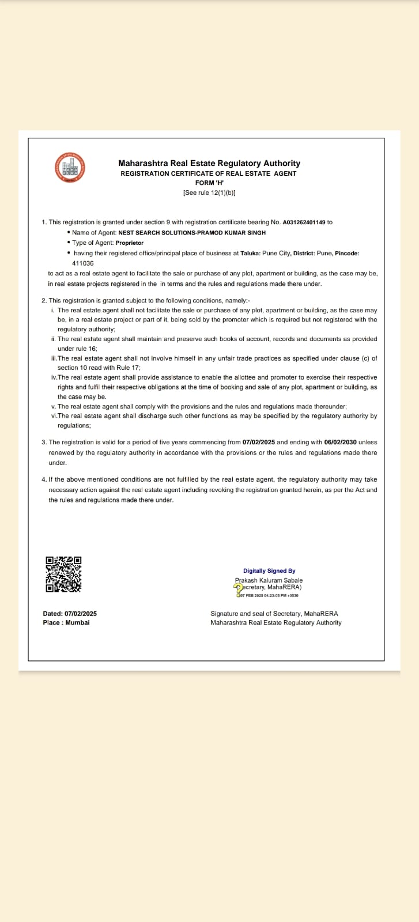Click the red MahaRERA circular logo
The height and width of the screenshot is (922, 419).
pyautogui.click(x=69, y=167)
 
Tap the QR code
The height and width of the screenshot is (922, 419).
pyautogui.click(x=63, y=574)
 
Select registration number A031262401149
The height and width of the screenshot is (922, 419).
pyautogui.click(x=304, y=222)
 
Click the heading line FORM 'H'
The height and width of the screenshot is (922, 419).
pyautogui.click(x=209, y=183)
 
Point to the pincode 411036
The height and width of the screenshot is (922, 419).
pyautogui.click(x=83, y=263)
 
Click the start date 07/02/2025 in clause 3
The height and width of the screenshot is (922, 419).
pyautogui.click(x=259, y=442)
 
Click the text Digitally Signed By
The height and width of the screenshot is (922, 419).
pyautogui.click(x=269, y=570)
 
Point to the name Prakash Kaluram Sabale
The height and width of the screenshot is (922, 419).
pyautogui.click(x=269, y=580)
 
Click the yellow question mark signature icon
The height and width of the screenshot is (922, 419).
pyautogui.click(x=237, y=588)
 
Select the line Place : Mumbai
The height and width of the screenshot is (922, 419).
pyautogui.click(x=66, y=622)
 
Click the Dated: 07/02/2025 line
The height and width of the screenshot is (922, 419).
pyautogui.click(x=70, y=614)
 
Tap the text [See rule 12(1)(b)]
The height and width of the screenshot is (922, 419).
pyautogui.click(x=209, y=192)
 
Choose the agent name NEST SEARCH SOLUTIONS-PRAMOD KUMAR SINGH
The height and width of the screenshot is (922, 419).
pyautogui.click(x=192, y=233)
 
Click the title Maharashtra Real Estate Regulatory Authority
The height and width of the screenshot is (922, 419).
pyautogui.click(x=209, y=164)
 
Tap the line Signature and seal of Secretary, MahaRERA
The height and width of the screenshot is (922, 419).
pyautogui.click(x=274, y=614)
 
